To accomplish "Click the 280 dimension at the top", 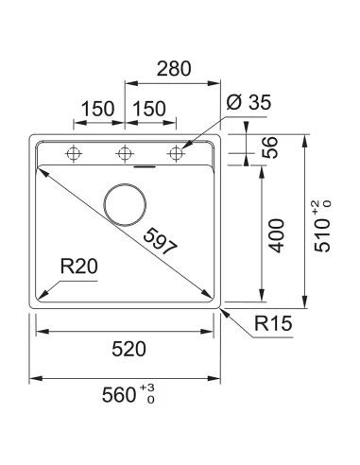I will point(173,68).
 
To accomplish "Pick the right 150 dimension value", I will point(149,109).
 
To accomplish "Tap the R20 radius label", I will point(78,268).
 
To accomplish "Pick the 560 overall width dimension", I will point(119,396).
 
